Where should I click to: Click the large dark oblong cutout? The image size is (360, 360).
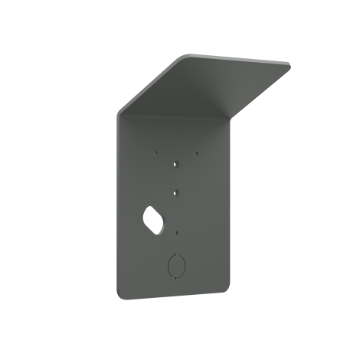pos(153,218)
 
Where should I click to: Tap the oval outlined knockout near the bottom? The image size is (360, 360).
pos(175,265)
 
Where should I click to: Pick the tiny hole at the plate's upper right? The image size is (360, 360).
pos(197,153)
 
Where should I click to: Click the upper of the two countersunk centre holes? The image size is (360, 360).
pos(175,163)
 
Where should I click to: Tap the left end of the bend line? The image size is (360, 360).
pos(120,113)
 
